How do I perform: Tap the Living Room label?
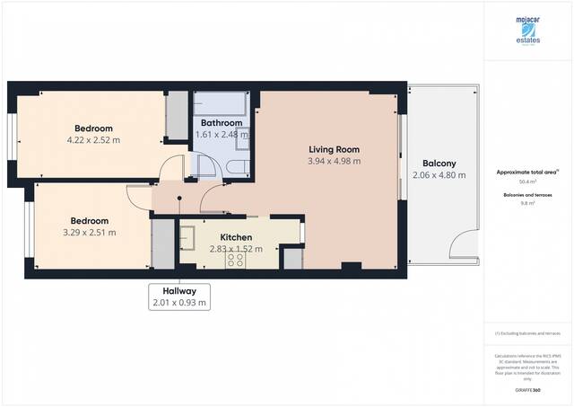[334, 149]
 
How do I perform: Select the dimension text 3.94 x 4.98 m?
[334, 162]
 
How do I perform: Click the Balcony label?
[439, 164]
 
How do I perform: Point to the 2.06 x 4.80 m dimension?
[439, 176]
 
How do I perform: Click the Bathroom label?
[221, 123]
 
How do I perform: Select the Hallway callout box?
[179, 296]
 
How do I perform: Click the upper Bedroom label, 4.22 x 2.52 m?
[92, 128]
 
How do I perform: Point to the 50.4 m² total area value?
[527, 181]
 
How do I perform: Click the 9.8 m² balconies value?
[527, 203]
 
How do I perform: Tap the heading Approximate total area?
[527, 172]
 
